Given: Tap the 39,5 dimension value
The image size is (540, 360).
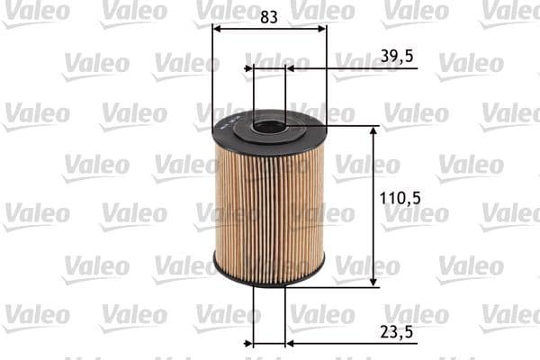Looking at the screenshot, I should click(x=397, y=57).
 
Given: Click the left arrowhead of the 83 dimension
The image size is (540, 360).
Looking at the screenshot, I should click(x=217, y=28).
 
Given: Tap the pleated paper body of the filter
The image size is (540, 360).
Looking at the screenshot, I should click(x=269, y=202).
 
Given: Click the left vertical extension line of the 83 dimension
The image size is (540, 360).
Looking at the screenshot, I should click(x=211, y=72).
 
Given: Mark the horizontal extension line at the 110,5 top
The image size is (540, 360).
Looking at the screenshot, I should click(x=351, y=126).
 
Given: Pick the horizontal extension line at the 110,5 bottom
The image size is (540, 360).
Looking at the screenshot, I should click(x=351, y=287).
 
